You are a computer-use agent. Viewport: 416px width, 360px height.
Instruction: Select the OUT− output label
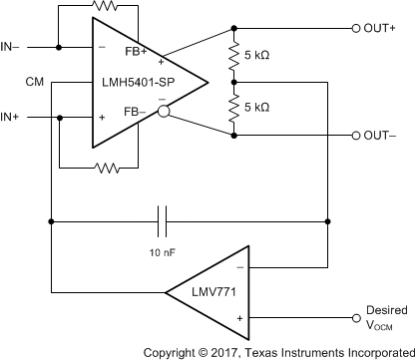(381, 135)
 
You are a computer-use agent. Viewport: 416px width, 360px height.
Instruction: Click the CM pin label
(35, 81)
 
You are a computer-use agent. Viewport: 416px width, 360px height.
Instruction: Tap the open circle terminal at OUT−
(356, 135)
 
